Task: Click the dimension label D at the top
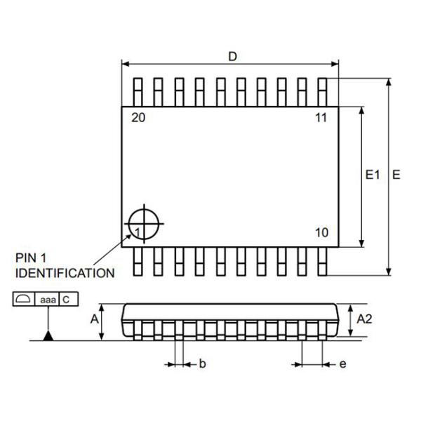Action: [x=232, y=57]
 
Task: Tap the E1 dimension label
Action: [x=373, y=175]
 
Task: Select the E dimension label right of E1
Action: [x=396, y=175]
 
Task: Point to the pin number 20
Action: [x=138, y=118]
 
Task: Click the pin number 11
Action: [x=321, y=118]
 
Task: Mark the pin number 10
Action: [x=321, y=233]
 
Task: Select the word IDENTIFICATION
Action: [x=65, y=272]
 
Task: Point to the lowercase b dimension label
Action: [x=202, y=363]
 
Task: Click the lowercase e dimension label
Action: [x=342, y=363]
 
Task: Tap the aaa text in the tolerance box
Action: [x=48, y=300]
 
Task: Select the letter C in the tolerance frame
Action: [x=67, y=300]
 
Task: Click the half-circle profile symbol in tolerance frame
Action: [x=23, y=300]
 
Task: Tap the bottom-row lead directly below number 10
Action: [x=322, y=260]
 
